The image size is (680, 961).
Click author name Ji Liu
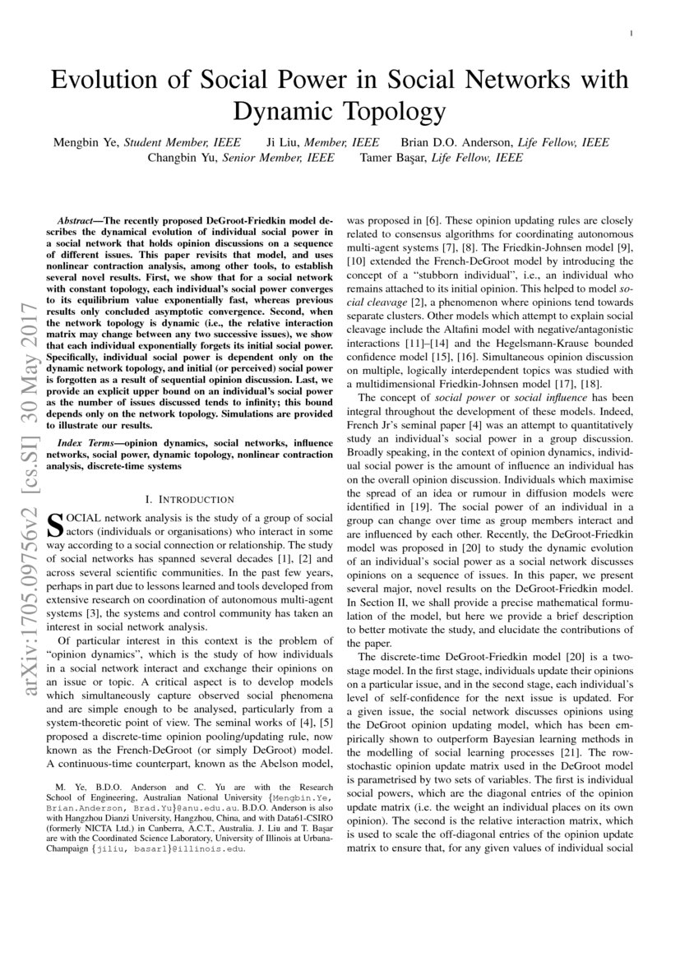284,142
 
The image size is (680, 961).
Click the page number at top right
629,34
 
